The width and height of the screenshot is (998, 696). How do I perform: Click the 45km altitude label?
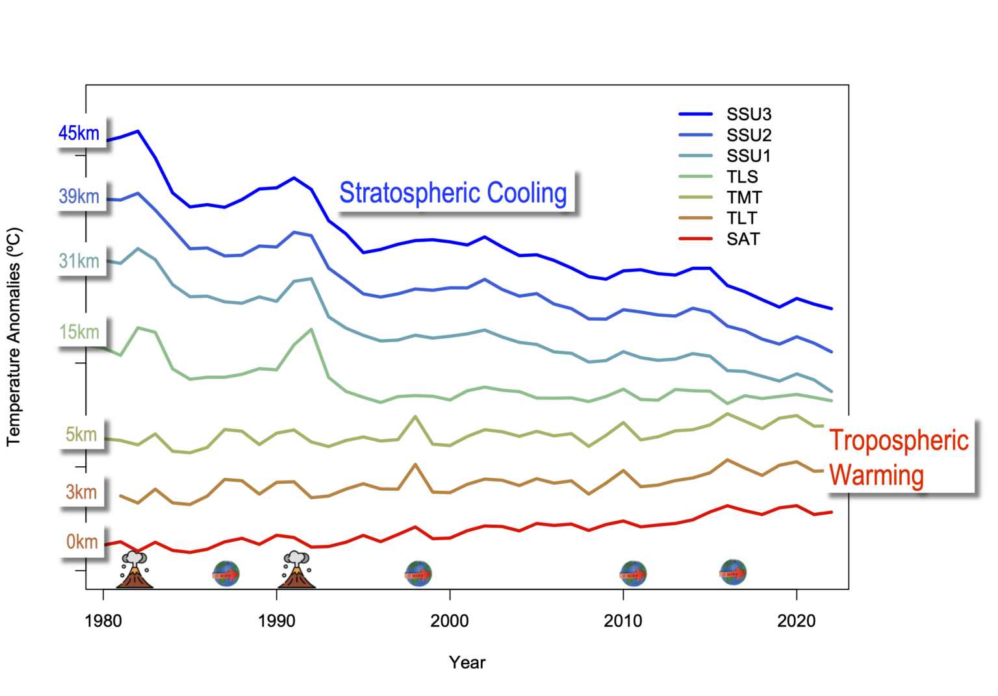pos(79,133)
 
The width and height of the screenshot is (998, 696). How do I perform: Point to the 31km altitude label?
pos(79,261)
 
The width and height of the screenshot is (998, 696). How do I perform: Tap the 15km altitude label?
pos(79,332)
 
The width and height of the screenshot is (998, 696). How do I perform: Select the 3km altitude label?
pos(81,492)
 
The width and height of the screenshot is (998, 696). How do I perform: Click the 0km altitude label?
pos(82,541)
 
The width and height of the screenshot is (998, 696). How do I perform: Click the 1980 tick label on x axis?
pos(103,621)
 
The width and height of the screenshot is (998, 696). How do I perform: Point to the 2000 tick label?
pos(450,621)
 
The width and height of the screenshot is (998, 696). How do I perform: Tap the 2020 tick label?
pos(797,621)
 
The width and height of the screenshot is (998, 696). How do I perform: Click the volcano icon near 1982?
pos(134,570)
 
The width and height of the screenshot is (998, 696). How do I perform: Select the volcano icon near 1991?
pos(296,570)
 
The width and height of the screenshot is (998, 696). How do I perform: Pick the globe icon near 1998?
pos(418,573)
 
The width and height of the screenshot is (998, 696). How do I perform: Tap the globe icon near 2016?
pos(733,572)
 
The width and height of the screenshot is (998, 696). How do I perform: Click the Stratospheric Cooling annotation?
pos(453,193)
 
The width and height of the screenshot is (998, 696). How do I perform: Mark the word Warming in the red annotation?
pos(876,475)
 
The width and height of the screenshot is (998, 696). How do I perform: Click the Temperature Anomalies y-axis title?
pos(14,336)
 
